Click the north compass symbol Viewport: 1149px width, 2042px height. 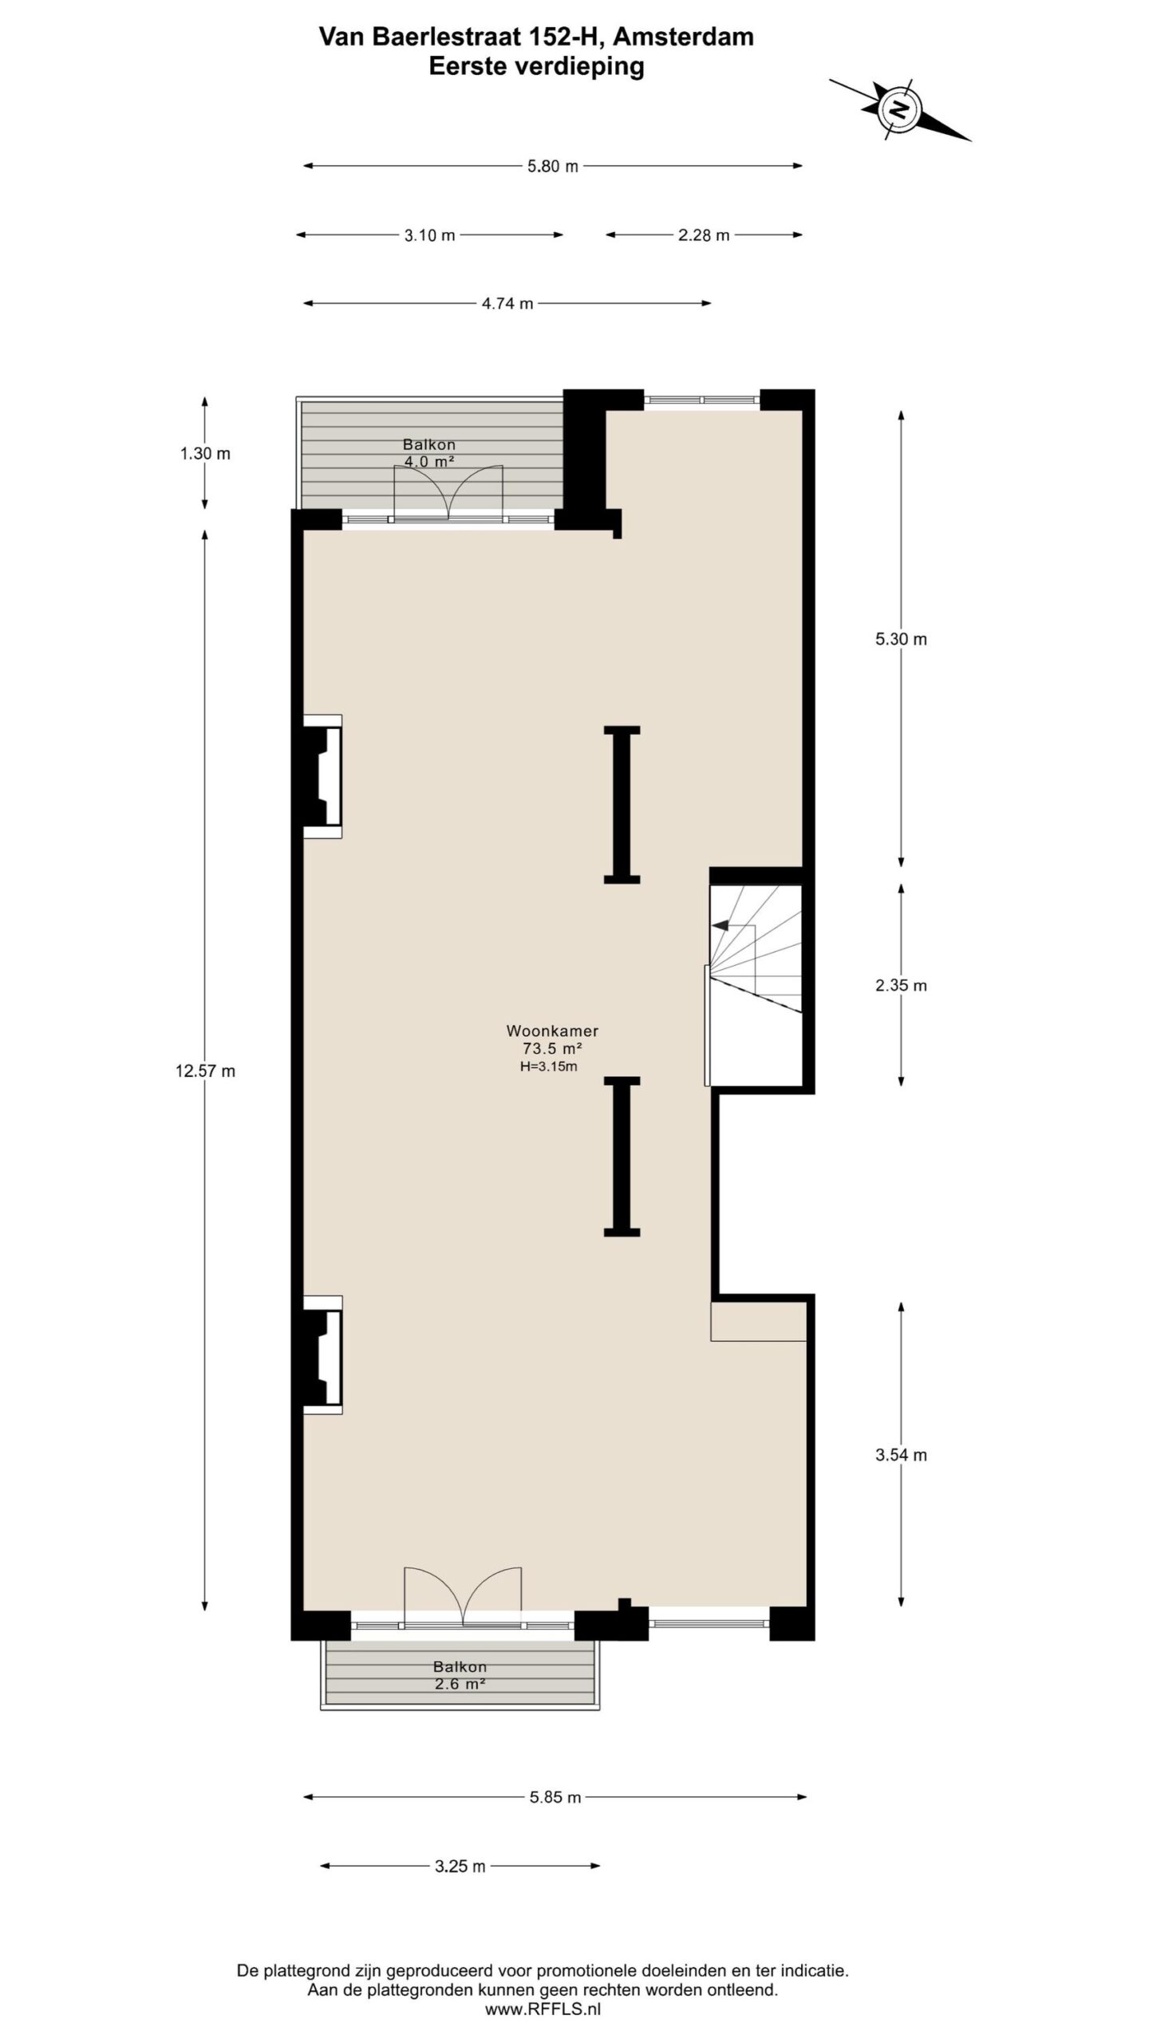[899, 109]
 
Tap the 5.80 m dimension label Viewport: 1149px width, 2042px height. [553, 167]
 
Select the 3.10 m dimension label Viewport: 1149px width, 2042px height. [429, 235]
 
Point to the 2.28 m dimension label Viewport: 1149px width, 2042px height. [704, 235]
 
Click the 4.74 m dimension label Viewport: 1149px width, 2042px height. [507, 304]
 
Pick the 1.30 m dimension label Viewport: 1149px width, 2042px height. [205, 454]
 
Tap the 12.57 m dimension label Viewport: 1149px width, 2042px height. [205, 1071]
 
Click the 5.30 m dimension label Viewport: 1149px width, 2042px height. [901, 639]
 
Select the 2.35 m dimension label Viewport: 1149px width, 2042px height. [901, 985]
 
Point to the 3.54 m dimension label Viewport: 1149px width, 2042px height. [901, 1455]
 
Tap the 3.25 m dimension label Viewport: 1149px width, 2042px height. [460, 1867]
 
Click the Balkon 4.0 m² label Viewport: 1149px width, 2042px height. [429, 452]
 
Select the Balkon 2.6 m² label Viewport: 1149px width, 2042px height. [460, 1675]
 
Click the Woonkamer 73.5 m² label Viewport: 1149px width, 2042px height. [552, 1039]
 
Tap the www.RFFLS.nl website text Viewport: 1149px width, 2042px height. [543, 2010]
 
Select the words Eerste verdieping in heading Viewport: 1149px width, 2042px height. [536, 66]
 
